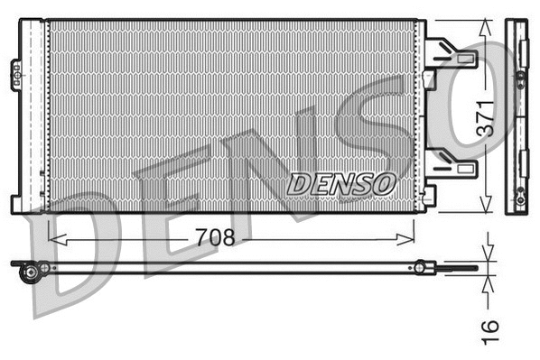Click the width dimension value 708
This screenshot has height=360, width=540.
coord(215,237)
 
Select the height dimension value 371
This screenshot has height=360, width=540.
coord(486,117)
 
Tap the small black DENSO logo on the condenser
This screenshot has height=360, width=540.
coord(342,182)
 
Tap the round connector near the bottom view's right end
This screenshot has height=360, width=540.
coord(420,266)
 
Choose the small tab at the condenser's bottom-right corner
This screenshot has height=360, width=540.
coord(430,193)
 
